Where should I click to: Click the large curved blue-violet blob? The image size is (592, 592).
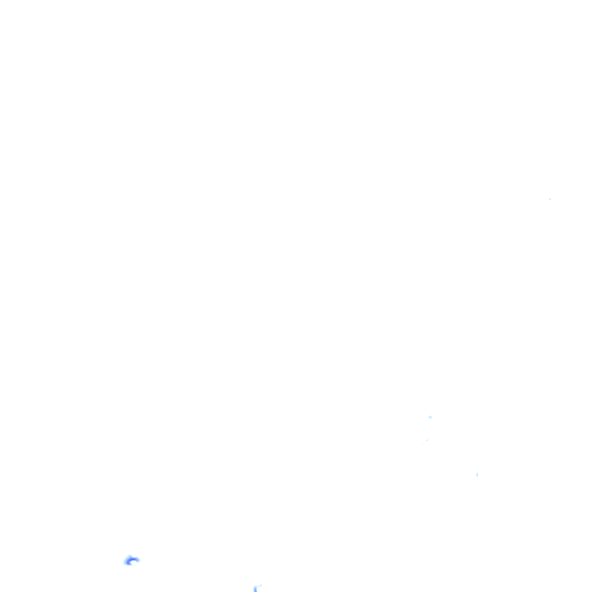point(131,560)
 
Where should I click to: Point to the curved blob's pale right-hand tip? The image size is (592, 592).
point(138,560)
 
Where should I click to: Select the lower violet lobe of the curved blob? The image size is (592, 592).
point(127,563)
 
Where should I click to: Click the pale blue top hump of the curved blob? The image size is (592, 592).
point(132,557)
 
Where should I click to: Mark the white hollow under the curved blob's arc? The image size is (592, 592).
point(134,563)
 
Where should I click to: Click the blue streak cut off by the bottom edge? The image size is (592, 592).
point(256,589)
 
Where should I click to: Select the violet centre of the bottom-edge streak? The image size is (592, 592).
point(255,590)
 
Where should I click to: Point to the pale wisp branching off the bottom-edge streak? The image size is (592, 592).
point(258,586)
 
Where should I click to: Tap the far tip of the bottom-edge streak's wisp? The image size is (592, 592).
point(261,584)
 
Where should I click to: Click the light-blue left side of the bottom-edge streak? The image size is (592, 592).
point(254,589)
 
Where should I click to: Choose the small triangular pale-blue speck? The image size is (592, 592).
point(430,417)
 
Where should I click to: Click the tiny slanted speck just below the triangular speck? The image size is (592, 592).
point(427,441)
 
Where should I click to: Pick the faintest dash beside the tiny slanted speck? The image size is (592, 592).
point(423,442)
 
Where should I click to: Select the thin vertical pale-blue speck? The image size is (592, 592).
point(477,475)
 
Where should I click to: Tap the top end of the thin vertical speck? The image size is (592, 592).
point(477,472)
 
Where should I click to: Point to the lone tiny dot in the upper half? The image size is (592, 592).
point(550,199)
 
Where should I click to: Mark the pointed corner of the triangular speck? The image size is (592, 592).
point(428,416)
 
